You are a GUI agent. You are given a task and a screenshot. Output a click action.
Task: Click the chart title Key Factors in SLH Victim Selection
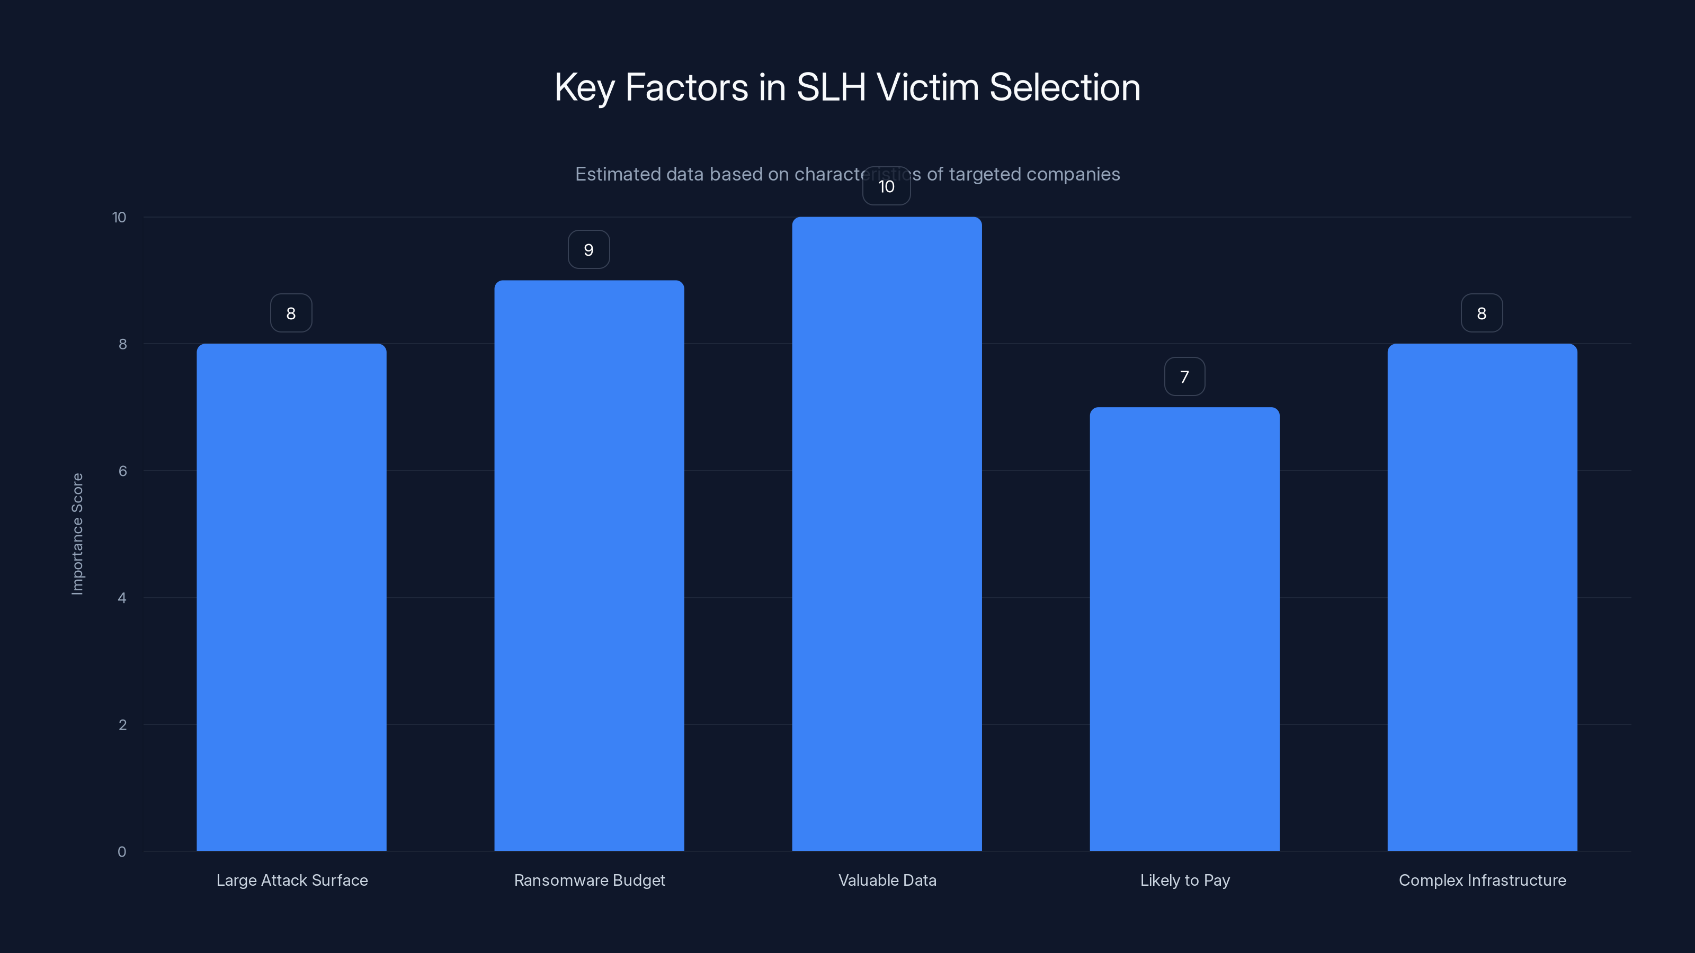847,87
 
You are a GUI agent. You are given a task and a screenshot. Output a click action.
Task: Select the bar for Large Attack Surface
291,597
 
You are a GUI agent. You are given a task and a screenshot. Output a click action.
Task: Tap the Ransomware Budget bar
589,565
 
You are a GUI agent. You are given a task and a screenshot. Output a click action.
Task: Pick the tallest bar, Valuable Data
886,534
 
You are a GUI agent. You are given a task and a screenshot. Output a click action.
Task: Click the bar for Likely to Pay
1184,629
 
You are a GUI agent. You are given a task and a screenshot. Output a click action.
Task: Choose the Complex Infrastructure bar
1482,597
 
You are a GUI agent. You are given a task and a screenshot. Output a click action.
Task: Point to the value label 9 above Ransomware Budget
589,250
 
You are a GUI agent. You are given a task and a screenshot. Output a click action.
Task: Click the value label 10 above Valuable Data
886,187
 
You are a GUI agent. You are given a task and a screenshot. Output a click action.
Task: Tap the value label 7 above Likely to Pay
1184,377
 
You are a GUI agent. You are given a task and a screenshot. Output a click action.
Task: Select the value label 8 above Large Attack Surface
291,314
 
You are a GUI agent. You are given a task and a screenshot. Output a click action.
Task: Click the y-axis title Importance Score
78,534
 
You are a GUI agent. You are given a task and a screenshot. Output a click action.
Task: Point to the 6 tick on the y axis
122,471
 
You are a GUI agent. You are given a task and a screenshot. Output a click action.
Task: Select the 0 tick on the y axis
122,852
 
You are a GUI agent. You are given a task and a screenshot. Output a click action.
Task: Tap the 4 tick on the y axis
122,598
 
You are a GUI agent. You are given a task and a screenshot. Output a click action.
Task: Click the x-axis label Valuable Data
887,880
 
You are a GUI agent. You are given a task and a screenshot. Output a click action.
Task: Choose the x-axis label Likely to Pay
1184,880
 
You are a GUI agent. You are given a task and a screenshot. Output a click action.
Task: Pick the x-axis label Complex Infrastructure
1482,880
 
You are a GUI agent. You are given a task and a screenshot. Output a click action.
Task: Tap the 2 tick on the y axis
122,725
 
